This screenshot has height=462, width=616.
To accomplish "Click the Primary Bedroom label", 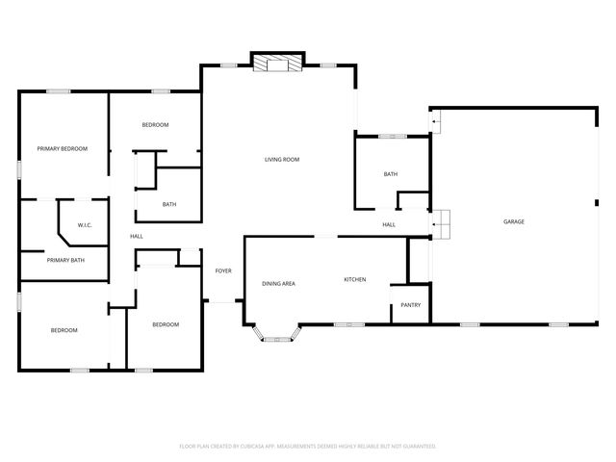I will tap(63, 148).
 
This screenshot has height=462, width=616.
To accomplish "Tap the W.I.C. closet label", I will tap(85, 226).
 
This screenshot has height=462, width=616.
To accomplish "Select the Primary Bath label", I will tap(65, 260).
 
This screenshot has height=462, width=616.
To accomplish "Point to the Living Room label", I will tap(283, 159).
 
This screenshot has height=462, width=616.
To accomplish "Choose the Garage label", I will tap(514, 222).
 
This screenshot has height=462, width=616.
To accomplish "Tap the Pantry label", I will tap(411, 305).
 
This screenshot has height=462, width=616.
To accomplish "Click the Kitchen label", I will tap(355, 280).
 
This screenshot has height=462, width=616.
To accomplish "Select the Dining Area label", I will tap(278, 283).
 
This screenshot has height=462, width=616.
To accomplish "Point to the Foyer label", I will tap(223, 270).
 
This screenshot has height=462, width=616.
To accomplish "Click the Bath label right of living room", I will tap(391, 174).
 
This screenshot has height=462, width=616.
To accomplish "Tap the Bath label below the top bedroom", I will tap(169, 204).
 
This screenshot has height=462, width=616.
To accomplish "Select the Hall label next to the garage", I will tap(389, 225).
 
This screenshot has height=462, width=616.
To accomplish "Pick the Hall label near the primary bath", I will tap(137, 236).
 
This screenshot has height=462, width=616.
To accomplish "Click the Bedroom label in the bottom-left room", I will tap(64, 330).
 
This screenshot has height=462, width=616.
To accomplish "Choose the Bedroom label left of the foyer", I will tap(166, 324).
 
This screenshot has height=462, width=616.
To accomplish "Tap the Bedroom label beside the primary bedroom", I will tap(156, 125).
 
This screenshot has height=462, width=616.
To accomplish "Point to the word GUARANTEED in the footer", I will tap(416, 447).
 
